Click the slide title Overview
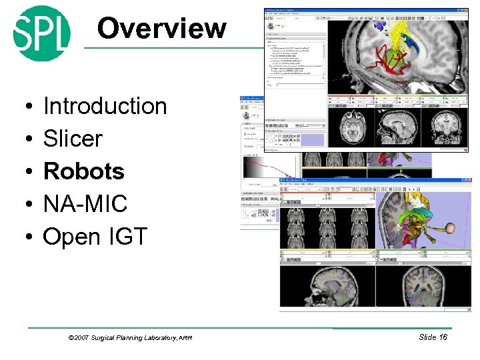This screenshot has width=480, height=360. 161,28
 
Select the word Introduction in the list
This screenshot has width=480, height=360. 105,106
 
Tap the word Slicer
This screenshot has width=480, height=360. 73,139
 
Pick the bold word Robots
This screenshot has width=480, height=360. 83,171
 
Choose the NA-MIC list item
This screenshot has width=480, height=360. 85,204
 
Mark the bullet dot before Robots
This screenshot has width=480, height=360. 23,173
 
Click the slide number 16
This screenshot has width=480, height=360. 442,337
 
